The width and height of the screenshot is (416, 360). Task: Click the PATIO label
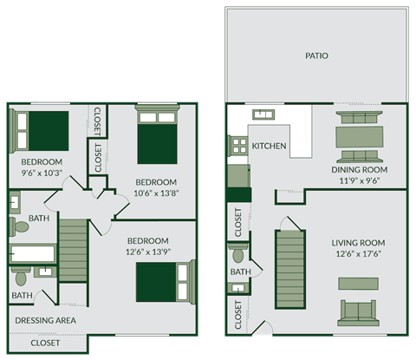pyautogui.click(x=316, y=56)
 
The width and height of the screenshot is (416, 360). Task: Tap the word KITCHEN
pyautogui.click(x=269, y=146)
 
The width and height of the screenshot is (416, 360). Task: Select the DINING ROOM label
pyautogui.click(x=359, y=169)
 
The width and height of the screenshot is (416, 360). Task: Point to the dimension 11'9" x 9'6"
pyautogui.click(x=359, y=182)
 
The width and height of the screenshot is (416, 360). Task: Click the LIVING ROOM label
pyautogui.click(x=358, y=243)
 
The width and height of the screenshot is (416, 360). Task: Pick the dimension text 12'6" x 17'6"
pyautogui.click(x=358, y=255)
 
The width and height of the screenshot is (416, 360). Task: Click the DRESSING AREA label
pyautogui.click(x=45, y=320)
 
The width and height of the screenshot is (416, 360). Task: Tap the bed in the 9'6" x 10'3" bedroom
pyautogui.click(x=43, y=130)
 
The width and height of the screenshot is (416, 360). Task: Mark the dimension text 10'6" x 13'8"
pyautogui.click(x=156, y=194)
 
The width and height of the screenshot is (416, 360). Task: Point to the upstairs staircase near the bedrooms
pyautogui.click(x=75, y=250)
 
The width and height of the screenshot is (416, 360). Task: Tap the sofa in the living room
pyautogui.click(x=358, y=312)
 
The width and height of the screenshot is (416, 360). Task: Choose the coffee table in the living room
pyautogui.click(x=358, y=284)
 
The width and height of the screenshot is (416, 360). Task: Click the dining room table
pyautogui.click(x=358, y=137)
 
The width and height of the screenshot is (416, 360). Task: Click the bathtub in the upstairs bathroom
pyautogui.click(x=32, y=254)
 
